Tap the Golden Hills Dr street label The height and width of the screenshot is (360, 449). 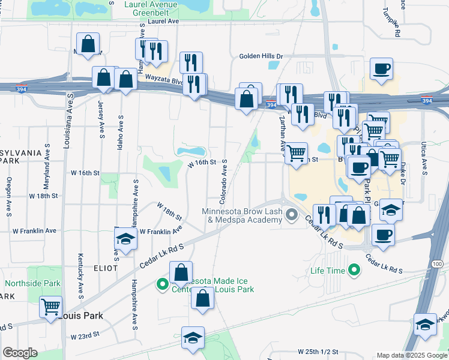(261, 56)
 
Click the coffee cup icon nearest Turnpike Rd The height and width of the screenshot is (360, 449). (381, 70)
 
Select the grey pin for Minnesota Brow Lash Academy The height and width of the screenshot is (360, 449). (292, 214)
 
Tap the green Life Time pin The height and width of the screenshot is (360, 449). (355, 271)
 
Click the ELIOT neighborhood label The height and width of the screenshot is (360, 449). (101, 268)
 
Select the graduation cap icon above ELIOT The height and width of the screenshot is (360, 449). (125, 239)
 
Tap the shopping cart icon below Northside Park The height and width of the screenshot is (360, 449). (50, 307)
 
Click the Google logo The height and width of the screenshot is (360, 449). (20, 353)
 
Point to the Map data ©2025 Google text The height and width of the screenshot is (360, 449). (411, 355)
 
